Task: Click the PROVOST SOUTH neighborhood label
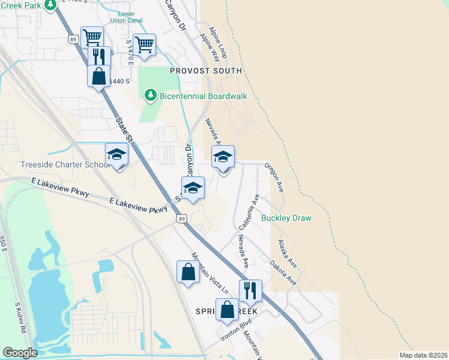pos(206,71)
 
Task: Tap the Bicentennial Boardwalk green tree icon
pos(150,95)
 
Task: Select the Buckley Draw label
pos(286,218)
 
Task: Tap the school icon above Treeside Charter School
pos(117,155)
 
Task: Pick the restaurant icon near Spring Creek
pos(250,291)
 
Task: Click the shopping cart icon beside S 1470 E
pos(145,45)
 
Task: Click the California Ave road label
pos(248,212)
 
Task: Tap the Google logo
pos(20,353)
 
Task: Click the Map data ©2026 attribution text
pos(423,355)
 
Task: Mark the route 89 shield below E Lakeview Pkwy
pos(182,219)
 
